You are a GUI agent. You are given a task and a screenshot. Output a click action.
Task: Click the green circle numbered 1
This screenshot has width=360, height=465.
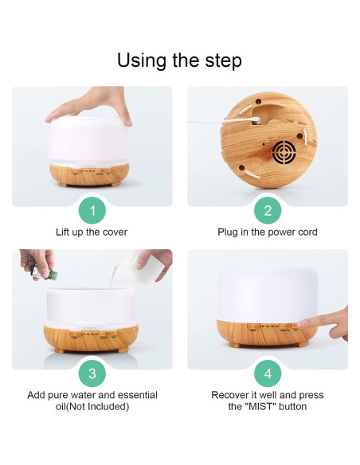92,210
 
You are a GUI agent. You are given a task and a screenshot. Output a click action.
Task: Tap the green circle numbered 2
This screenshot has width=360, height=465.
268,210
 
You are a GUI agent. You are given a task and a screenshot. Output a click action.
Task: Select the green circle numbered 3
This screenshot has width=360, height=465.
92,373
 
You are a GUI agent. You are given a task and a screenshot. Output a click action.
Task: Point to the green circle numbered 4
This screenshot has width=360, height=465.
268,373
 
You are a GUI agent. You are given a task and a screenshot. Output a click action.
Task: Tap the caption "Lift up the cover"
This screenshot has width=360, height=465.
92,232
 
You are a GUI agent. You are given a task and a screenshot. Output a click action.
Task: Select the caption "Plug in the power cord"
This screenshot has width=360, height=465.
268,232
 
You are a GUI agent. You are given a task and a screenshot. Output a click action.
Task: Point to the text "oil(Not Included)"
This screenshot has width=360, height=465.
92,406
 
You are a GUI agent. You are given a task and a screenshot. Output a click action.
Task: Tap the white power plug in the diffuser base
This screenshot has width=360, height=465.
256,120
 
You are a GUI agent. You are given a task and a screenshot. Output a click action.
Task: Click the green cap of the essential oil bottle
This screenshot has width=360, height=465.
53,275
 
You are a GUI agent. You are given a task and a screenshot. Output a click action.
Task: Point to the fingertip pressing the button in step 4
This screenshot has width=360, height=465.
301,324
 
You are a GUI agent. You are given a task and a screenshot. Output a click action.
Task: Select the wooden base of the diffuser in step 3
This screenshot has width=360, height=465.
91,338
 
